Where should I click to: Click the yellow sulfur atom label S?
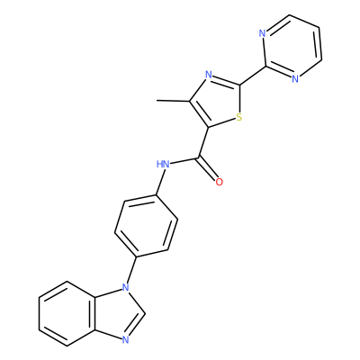pos(238,117)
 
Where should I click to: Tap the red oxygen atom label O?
pos(220,182)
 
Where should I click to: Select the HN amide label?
pos(163,164)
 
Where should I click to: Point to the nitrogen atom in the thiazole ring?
pos(209,75)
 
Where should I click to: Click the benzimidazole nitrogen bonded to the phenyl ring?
pos(126,288)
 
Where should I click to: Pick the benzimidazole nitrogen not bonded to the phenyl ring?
pos(126,339)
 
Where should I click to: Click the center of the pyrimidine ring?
pos(292,47)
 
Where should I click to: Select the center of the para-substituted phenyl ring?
pos(146,226)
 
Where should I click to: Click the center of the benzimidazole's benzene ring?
pos(67,314)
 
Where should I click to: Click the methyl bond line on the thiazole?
pos(173,101)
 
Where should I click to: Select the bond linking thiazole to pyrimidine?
pos(253,76)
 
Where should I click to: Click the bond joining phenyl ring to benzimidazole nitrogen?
pos(132,270)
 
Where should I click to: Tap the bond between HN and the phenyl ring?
pos(160,182)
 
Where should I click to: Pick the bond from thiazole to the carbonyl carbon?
pos(203,142)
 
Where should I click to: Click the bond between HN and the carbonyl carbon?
pos(184,160)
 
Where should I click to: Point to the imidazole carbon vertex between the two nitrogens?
pos(145,314)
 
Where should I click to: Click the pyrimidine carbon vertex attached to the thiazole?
pos(265,67)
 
